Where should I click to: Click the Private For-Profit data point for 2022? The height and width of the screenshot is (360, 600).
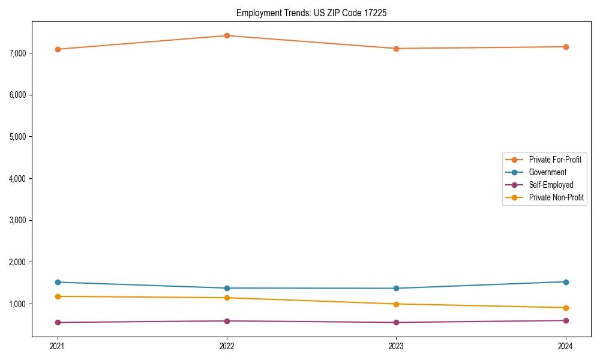coord(227,35)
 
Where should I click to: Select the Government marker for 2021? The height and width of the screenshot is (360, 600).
coord(58,282)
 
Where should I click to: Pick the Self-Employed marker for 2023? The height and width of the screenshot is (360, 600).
coord(396,323)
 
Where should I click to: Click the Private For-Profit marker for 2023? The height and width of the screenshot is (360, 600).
coord(396,49)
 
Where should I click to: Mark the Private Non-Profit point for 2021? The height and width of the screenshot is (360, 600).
coord(58,296)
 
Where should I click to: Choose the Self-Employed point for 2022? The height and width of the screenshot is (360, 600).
coord(227,321)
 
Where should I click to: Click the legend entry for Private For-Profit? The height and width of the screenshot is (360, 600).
coord(555,160)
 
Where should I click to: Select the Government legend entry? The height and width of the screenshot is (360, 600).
coord(547,172)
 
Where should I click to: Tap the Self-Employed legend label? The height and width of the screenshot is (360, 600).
coord(551,185)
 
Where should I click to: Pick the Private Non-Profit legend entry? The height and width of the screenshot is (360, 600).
coord(556,197)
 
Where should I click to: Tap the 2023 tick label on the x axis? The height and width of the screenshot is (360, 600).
coord(396,346)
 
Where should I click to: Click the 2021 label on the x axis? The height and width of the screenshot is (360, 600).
coord(58,346)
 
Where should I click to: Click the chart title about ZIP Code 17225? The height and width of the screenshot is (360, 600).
coord(311,13)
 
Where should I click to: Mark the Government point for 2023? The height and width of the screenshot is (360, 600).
coord(396,289)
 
